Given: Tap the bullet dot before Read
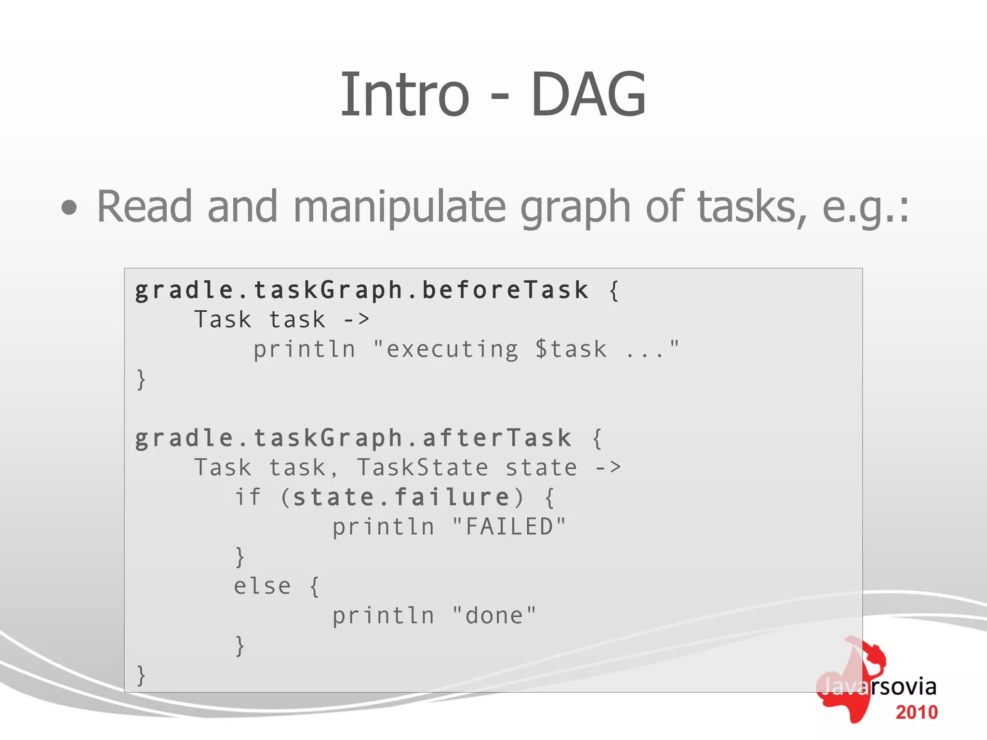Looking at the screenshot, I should (x=69, y=208).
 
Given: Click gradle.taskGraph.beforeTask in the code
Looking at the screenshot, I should (x=361, y=291).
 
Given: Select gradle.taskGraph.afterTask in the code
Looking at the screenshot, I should (x=353, y=438).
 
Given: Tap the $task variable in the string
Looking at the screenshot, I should (x=571, y=349).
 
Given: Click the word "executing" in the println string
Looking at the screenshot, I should (x=453, y=350).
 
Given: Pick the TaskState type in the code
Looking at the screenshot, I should (x=422, y=468).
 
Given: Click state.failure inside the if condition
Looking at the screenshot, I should (x=401, y=497).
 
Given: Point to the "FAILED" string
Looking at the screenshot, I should (x=509, y=527).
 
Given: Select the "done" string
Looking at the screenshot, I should (x=494, y=616).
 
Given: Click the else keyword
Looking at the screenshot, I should (x=262, y=586).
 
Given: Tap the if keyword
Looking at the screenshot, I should (x=248, y=497).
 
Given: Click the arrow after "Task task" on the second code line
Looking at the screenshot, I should (x=356, y=320).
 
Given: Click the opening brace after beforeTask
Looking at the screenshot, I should (x=614, y=291).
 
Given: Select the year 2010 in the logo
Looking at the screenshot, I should (x=917, y=713).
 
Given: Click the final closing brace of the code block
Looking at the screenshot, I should (x=141, y=675).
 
